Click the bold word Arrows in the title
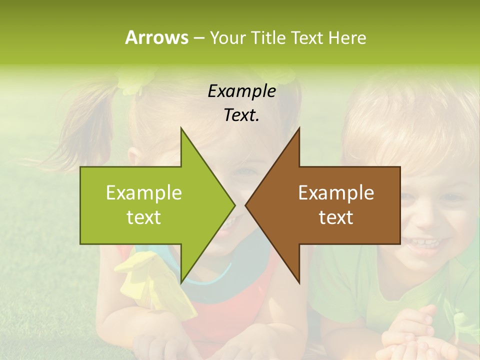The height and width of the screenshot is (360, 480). click(156, 37)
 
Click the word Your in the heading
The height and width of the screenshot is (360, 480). click(226, 37)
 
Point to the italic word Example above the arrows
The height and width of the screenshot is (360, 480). click(241, 91)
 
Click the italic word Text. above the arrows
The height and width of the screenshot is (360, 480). click(241, 115)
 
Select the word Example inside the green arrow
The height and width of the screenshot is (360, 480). click(143, 192)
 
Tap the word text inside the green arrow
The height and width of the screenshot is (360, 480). click(143, 217)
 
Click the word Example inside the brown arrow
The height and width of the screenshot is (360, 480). click(336, 192)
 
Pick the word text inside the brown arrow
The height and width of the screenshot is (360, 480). click(336, 217)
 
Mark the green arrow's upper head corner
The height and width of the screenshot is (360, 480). click(181, 128)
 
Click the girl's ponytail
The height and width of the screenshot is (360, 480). click(95, 125)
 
